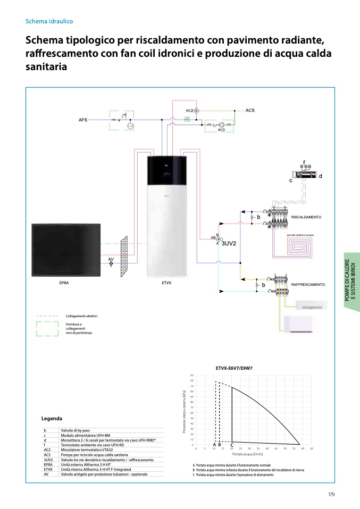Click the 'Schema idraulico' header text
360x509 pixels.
(x=49, y=22)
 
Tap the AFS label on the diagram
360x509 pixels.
(x=83, y=120)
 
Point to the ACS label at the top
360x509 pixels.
(x=250, y=111)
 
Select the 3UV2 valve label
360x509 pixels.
(x=229, y=243)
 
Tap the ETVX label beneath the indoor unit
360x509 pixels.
(x=166, y=283)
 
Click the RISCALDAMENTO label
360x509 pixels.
(x=306, y=217)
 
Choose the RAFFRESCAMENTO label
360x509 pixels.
(x=308, y=285)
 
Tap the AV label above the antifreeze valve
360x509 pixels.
(x=111, y=259)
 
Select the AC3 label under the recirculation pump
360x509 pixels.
(x=221, y=130)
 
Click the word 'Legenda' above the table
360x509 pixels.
(x=52, y=419)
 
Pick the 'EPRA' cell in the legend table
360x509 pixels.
(x=48, y=464)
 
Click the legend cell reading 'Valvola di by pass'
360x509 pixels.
(x=74, y=430)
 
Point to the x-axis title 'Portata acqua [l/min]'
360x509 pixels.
(x=248, y=455)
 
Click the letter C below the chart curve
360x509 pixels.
(x=232, y=445)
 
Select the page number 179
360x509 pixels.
(x=331, y=495)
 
